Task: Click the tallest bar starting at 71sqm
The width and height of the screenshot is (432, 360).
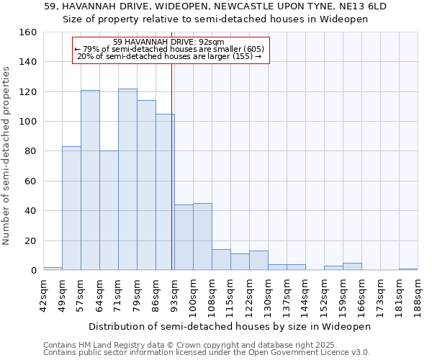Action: click(127, 179)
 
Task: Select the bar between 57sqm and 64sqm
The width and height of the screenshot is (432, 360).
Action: click(90, 180)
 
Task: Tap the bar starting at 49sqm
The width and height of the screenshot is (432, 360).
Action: click(71, 208)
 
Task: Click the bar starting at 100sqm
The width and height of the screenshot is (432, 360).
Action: click(202, 237)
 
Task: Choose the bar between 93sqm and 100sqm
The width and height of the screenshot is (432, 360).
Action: click(184, 238)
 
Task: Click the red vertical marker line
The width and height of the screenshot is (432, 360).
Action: click(172, 180)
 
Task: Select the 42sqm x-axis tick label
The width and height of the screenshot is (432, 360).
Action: click(44, 295)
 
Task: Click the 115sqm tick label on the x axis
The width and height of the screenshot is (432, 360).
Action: click(231, 295)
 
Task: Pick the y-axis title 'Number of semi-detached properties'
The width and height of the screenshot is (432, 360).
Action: click(6, 151)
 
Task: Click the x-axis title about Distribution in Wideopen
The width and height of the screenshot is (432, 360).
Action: click(230, 326)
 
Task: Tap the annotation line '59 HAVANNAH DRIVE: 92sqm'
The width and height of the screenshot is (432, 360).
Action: click(171, 42)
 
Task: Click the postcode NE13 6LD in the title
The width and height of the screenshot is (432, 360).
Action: click(363, 6)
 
